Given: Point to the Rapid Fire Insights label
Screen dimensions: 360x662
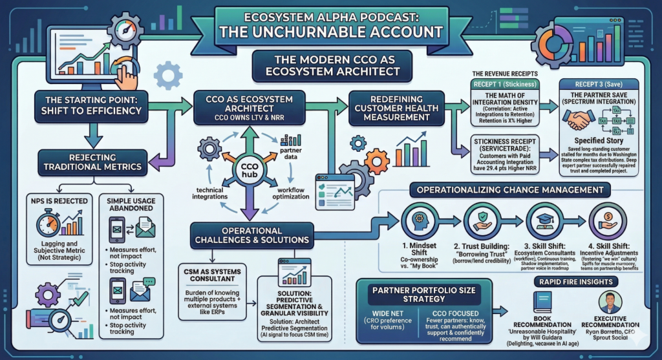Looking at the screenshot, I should pyautogui.click(x=574, y=282).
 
